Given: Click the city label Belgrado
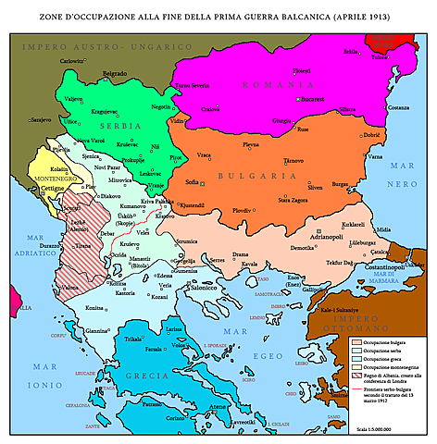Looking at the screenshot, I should (x=115, y=73).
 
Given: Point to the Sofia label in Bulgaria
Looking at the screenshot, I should (x=193, y=183).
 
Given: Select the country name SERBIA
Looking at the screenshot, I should (x=108, y=124).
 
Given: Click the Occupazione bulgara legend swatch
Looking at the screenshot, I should (x=356, y=342).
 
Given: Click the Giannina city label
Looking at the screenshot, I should (x=97, y=330).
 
